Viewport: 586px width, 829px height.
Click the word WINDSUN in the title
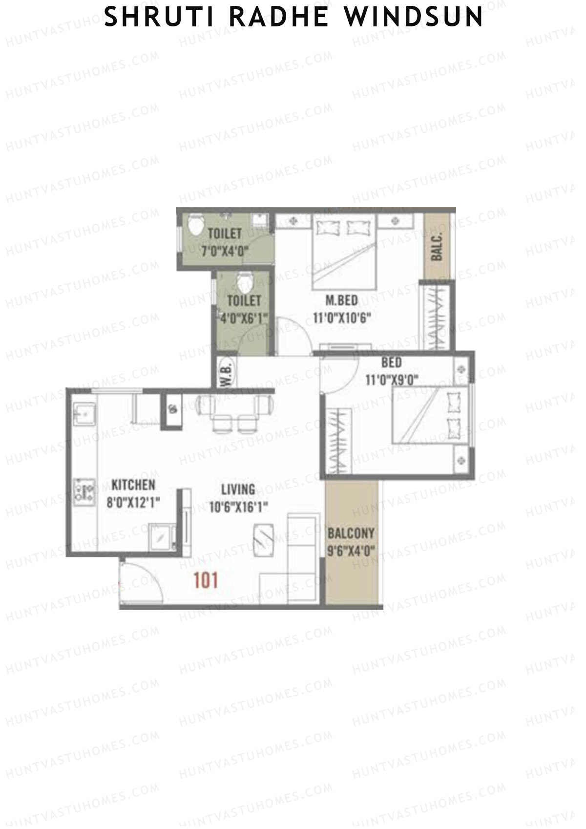click(414, 18)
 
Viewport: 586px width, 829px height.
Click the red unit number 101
click(206, 580)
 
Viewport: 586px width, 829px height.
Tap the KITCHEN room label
click(133, 485)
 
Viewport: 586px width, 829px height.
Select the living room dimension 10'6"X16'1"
click(238, 508)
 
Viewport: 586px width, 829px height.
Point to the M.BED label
click(342, 300)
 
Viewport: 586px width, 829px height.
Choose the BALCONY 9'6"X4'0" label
click(351, 533)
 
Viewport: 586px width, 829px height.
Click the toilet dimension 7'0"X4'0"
click(225, 252)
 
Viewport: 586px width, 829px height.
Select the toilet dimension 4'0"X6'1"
click(243, 318)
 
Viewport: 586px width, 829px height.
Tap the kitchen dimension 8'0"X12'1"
click(133, 503)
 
